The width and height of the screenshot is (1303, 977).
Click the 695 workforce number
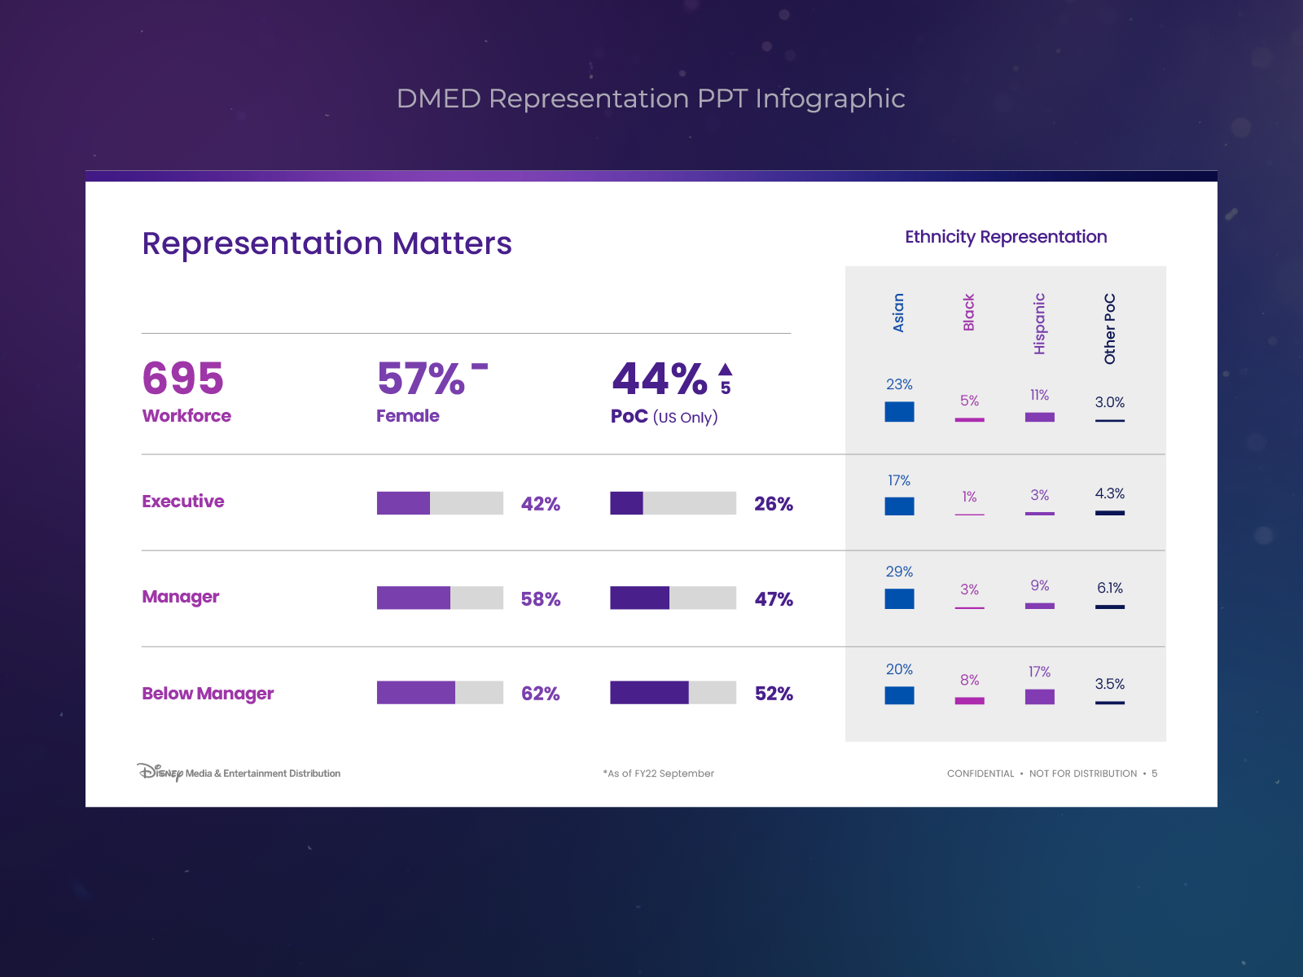tap(182, 379)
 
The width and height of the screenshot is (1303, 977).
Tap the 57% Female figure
tap(421, 379)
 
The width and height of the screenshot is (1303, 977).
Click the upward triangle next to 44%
tap(726, 369)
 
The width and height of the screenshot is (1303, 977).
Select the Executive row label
tap(183, 502)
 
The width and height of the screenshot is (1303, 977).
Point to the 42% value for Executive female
tap(541, 504)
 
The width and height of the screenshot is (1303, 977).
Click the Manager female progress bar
tap(440, 598)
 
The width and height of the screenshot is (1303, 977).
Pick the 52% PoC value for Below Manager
tap(774, 694)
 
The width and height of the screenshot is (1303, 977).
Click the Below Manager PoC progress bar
tap(673, 693)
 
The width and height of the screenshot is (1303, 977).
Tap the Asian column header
tap(899, 313)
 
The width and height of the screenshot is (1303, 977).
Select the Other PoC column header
tap(1110, 329)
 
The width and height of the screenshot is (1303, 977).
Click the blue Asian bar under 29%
tap(899, 598)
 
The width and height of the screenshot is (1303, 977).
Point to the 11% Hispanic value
tap(1039, 395)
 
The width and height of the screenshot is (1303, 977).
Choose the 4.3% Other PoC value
tap(1109, 493)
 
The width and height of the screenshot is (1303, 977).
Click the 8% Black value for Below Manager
tap(969, 680)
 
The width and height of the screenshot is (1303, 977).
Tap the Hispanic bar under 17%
tap(1039, 697)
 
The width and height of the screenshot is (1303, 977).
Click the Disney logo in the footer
tap(160, 772)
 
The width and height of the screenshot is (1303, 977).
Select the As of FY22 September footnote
tap(659, 773)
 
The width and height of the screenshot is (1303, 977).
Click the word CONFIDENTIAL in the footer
tap(981, 773)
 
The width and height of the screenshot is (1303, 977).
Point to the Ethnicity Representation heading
tap(1006, 237)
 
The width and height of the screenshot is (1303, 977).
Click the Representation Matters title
tap(327, 243)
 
